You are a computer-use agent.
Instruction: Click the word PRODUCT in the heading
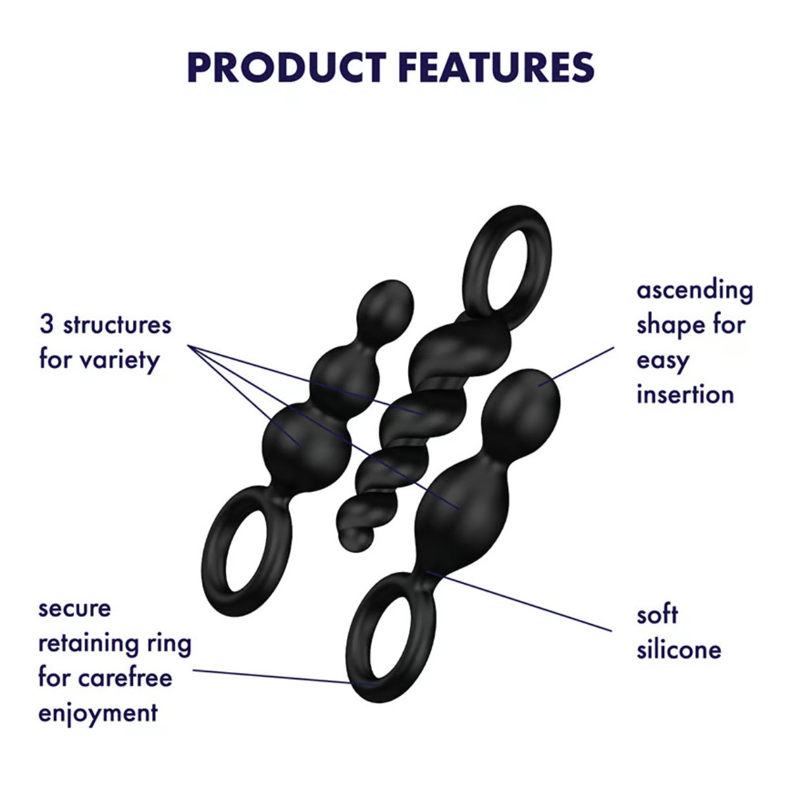click(x=286, y=68)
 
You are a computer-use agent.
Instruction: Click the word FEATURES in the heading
click(x=496, y=68)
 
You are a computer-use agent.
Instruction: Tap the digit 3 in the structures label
click(x=46, y=325)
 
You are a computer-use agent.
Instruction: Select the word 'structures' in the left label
click(x=117, y=325)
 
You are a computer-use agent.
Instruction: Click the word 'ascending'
click(x=695, y=291)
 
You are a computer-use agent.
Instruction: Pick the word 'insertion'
click(x=685, y=395)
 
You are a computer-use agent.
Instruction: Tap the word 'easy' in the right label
click(x=662, y=361)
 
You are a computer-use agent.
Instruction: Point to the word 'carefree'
click(x=125, y=677)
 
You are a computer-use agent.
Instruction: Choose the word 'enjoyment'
click(x=98, y=714)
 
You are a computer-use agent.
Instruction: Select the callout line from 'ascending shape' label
click(x=576, y=366)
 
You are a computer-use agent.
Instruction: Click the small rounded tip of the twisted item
click(x=356, y=539)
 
